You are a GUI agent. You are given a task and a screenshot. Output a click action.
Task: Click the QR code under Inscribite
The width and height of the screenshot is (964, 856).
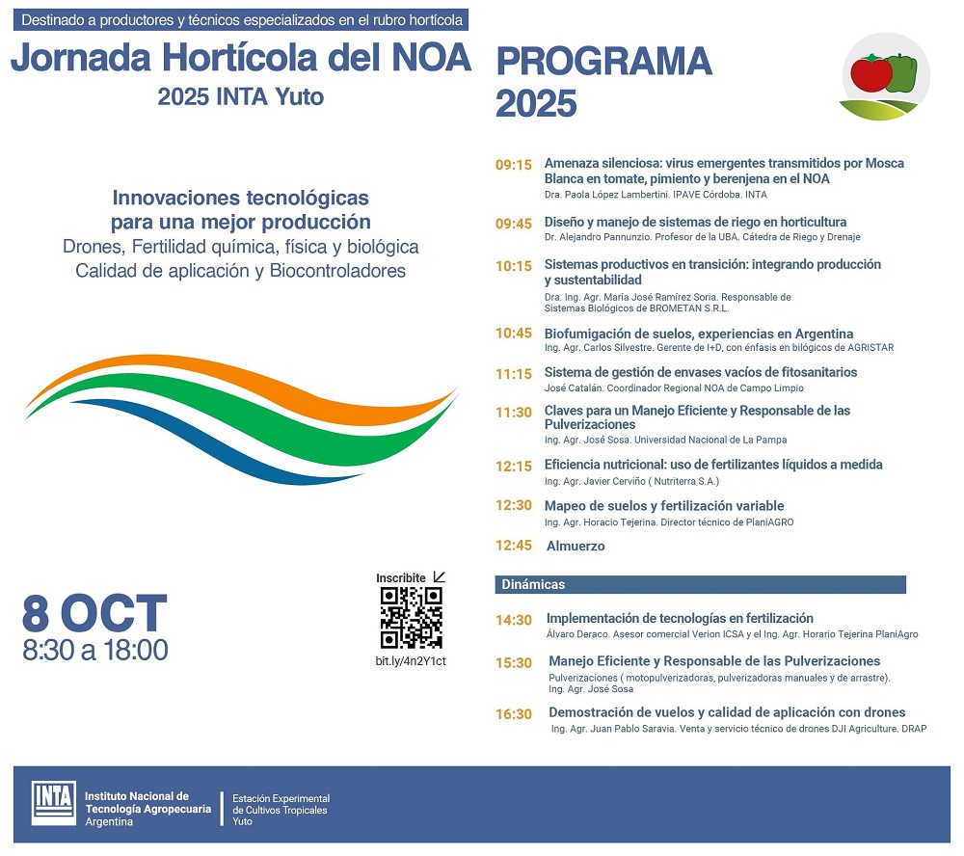point(412,618)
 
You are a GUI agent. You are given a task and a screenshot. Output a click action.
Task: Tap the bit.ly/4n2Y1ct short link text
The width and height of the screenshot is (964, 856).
point(411,660)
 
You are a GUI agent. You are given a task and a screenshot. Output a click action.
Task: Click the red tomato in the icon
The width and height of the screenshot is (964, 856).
point(870,72)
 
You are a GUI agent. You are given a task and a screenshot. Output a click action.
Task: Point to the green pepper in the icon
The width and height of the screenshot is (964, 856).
point(900,72)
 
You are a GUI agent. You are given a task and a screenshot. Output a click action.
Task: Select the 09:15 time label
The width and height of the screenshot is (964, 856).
point(514,165)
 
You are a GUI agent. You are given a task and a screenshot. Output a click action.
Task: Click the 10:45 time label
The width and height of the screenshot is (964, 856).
point(514,334)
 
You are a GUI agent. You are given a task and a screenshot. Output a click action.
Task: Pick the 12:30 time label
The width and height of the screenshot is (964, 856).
point(514,506)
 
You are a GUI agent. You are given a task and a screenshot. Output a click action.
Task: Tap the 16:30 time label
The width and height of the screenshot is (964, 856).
point(514,714)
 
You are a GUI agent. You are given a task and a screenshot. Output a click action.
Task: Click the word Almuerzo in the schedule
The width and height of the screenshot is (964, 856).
point(576,547)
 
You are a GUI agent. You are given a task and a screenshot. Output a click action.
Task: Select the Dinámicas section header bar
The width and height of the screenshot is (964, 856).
point(701,585)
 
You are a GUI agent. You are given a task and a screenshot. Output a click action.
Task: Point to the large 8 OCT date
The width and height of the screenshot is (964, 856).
point(95,613)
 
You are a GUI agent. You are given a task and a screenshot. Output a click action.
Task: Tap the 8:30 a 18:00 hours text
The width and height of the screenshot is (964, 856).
point(95,651)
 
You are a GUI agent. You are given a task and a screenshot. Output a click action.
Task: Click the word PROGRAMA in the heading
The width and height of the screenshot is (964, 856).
point(603,62)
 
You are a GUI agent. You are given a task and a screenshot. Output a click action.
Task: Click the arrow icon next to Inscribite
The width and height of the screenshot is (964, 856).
point(440,577)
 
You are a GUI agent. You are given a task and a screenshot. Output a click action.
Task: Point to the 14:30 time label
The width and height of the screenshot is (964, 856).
point(514,621)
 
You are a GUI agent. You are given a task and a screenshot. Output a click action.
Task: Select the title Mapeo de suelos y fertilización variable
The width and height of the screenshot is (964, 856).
point(664,506)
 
